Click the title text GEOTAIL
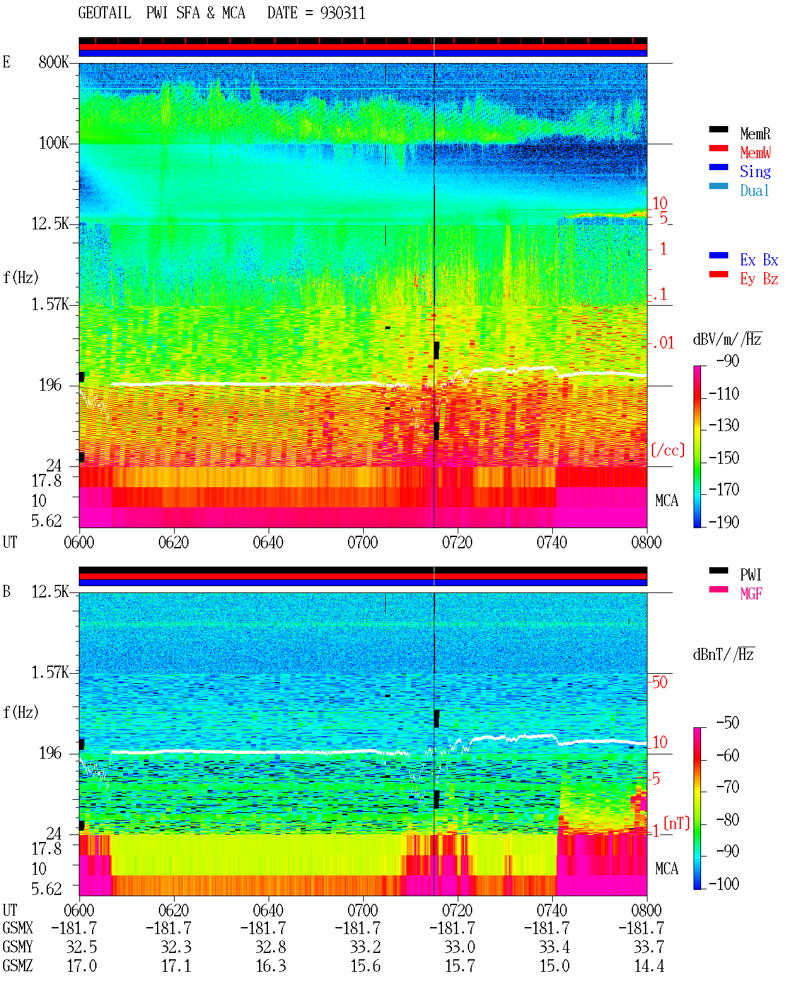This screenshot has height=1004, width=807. click(x=105, y=13)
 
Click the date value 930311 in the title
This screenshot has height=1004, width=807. click(x=342, y=13)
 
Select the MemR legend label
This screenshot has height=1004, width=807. click(x=755, y=134)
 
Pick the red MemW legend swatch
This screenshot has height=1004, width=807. click(x=718, y=148)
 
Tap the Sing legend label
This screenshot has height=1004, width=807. click(x=755, y=171)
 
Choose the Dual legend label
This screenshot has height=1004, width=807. click(x=754, y=190)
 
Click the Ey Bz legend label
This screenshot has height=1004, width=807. click(x=758, y=279)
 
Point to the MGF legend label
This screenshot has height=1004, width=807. click(x=751, y=594)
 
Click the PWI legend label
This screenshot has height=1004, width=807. click(x=750, y=575)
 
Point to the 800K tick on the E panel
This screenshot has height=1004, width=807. click(x=54, y=62)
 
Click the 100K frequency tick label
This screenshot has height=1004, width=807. click(x=54, y=143)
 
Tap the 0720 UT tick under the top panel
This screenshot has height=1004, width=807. click(x=458, y=543)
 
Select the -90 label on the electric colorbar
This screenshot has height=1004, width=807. click(x=728, y=361)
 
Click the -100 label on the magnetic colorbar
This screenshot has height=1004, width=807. click(x=724, y=884)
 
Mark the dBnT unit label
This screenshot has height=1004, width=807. click(x=723, y=655)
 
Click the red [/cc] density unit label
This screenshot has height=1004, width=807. click(x=668, y=450)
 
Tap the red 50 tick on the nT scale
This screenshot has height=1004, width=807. click(x=659, y=683)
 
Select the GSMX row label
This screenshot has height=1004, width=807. click(x=18, y=928)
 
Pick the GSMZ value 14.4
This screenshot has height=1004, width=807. click(x=649, y=966)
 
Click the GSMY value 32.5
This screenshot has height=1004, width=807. click(x=82, y=947)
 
